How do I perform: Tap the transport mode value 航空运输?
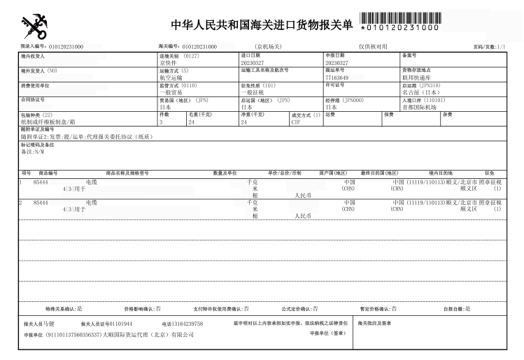click(171, 78)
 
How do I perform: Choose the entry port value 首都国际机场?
click(419, 107)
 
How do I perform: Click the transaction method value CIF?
click(296, 122)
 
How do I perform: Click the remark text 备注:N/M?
click(33, 151)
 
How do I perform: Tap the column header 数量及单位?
click(225, 172)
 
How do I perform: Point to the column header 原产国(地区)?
click(333, 172)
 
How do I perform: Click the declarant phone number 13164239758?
click(187, 324)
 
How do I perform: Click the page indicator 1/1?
click(500, 47)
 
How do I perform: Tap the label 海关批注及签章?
click(375, 323)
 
